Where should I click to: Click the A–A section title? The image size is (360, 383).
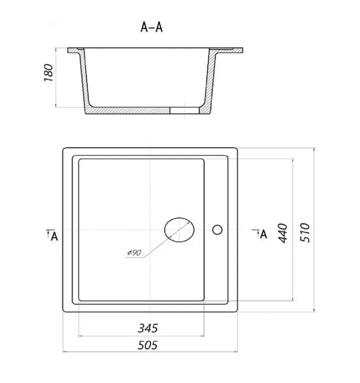coord(152,27)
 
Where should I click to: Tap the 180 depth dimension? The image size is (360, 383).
coord(49,73)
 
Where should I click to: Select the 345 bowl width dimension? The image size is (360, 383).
coord(148,328)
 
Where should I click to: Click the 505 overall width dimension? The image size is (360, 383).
coord(148,345)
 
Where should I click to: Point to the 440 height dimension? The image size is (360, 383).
coord(283,233)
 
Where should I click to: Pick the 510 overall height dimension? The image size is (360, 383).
coord(305,232)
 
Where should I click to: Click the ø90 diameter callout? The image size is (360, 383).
coord(135,252)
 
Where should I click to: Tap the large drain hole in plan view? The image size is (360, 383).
coord(179,230)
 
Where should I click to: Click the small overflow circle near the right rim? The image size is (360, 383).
coord(217,230)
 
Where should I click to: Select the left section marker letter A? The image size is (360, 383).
coord(55,237)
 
